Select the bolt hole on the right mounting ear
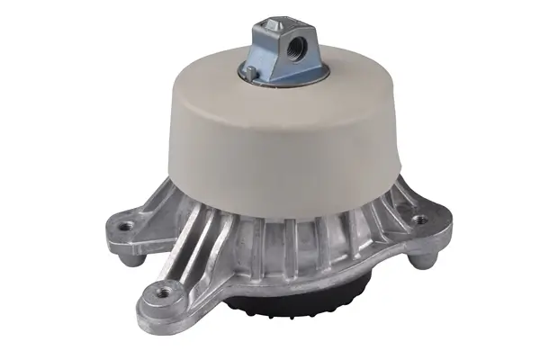(418, 220)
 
